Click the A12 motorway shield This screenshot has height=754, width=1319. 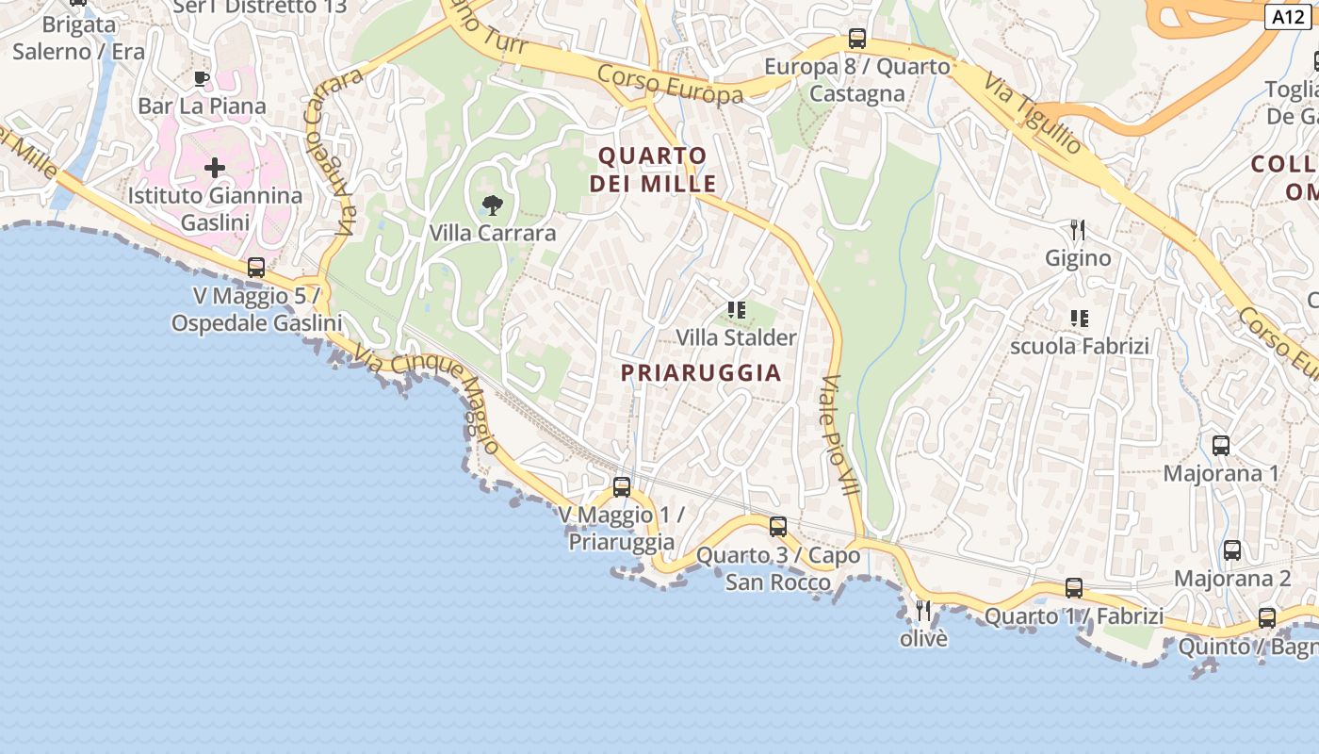pyautogui.click(x=1288, y=17)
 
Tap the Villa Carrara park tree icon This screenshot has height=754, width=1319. pyautogui.click(x=492, y=205)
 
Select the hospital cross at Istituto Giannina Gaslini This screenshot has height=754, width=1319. pyautogui.click(x=215, y=169)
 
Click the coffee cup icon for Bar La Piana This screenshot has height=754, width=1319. pyautogui.click(x=201, y=78)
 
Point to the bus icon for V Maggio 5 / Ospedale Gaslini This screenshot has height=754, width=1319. pyautogui.click(x=256, y=268)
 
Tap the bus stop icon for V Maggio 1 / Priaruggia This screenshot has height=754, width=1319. pyautogui.click(x=622, y=487)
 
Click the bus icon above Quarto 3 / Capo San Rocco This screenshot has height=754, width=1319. pyautogui.click(x=778, y=527)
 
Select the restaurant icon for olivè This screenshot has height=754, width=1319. pyautogui.click(x=923, y=611)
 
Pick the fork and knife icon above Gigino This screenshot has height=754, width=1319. pyautogui.click(x=1078, y=229)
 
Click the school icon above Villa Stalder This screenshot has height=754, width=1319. pyautogui.click(x=737, y=309)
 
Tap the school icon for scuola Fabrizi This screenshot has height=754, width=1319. pyautogui.click(x=1080, y=319)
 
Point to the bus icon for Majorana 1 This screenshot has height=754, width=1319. pyautogui.click(x=1221, y=446)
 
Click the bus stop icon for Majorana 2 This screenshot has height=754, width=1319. pyautogui.click(x=1232, y=550)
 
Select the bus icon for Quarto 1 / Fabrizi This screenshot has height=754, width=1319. pyautogui.click(x=1074, y=588)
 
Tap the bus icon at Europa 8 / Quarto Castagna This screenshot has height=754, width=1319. pyautogui.click(x=857, y=39)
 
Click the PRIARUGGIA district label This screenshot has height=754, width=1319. pyautogui.click(x=701, y=372)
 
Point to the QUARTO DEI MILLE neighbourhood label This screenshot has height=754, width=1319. pyautogui.click(x=653, y=169)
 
